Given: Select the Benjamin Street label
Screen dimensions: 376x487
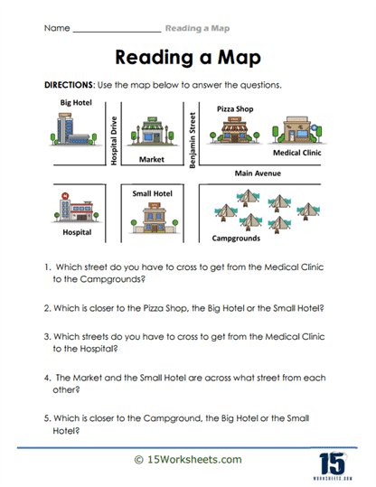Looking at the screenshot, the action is point(191,138).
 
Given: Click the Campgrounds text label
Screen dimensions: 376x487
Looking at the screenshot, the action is point(237,239).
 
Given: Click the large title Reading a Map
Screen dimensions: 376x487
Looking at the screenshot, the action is point(188,58).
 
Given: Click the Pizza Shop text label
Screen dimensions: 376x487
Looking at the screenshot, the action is point(234,108).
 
